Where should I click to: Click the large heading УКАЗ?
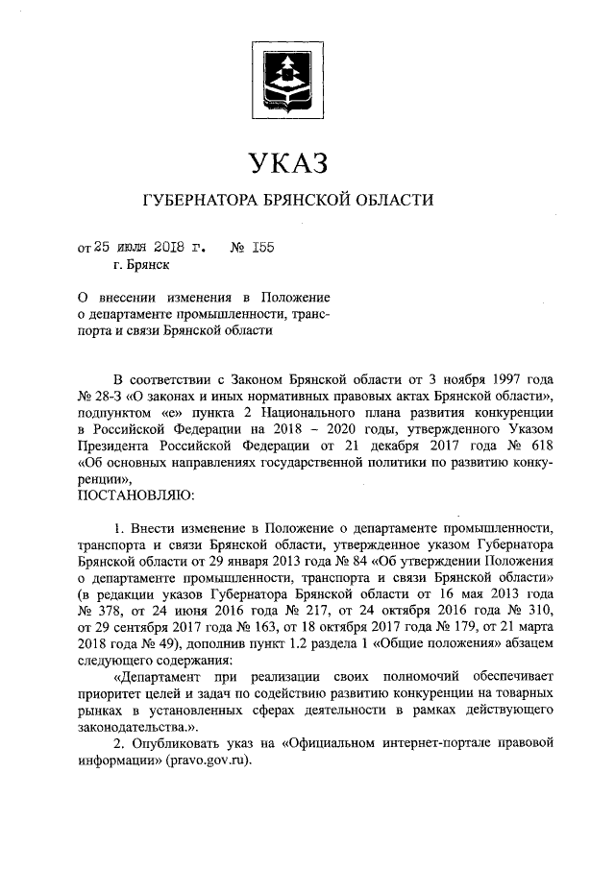coord(288,162)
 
